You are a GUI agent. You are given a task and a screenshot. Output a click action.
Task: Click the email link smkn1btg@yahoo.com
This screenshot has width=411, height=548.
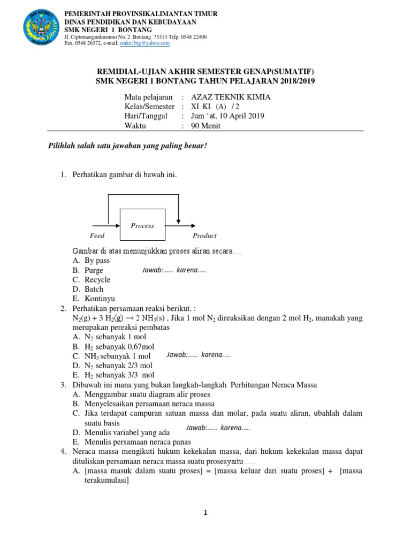tap(144, 43)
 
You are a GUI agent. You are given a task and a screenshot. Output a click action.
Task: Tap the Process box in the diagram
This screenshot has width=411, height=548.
tap(142, 225)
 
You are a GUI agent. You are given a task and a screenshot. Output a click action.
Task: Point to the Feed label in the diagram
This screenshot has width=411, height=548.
tap(97, 235)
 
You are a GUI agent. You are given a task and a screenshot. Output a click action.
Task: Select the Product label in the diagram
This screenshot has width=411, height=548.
tap(204, 235)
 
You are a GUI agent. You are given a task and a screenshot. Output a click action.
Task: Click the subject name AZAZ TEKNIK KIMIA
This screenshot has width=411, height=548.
tap(231, 97)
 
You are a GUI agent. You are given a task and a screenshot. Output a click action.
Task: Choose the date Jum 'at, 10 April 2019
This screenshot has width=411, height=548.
tap(227, 116)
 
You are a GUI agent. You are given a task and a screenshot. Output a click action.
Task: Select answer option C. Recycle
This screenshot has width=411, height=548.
tap(92, 280)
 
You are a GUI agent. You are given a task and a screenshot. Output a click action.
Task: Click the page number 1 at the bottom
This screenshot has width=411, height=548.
tap(205, 513)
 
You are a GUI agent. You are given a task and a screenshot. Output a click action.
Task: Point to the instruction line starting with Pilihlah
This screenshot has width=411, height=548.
tap(127, 147)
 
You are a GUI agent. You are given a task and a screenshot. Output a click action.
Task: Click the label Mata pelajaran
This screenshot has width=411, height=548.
tap(148, 97)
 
